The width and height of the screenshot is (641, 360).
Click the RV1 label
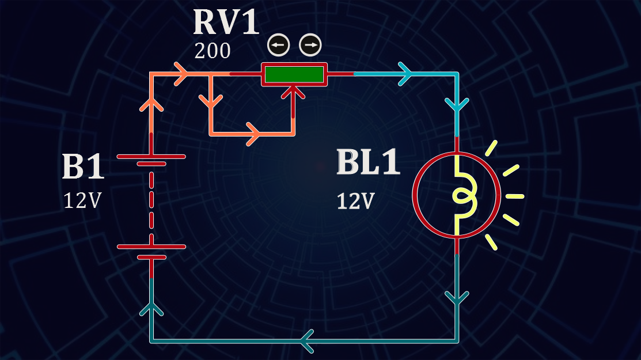click(x=225, y=22)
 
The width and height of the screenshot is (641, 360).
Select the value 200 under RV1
click(x=213, y=52)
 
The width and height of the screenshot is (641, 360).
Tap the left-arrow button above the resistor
click(x=278, y=45)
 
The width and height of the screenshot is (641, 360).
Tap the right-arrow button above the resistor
click(x=310, y=45)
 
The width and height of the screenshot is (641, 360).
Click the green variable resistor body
click(x=294, y=74)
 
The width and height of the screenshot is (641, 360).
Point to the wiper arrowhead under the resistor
click(x=294, y=90)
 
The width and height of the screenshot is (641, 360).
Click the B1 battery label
click(x=83, y=167)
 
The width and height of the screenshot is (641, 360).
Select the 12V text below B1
click(x=83, y=200)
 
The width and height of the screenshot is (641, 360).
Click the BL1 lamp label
click(x=368, y=162)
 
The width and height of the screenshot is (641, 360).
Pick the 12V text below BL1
click(x=356, y=201)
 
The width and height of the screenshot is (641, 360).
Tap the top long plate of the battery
click(x=151, y=157)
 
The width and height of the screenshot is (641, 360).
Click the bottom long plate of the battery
click(x=151, y=247)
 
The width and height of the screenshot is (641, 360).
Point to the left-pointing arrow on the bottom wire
click(x=306, y=341)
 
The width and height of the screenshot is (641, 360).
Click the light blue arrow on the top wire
click(x=407, y=74)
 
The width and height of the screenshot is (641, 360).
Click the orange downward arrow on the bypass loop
click(x=211, y=101)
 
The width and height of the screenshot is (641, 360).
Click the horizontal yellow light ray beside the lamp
click(x=515, y=196)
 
